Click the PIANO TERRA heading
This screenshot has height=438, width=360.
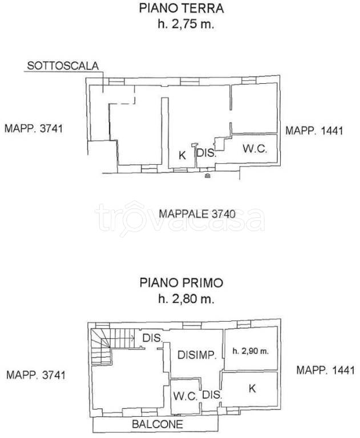click(x=181, y=8)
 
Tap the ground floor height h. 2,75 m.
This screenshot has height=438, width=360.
click(x=186, y=24)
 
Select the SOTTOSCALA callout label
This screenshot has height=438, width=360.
click(x=63, y=66)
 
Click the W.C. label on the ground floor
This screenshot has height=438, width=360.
click(x=255, y=149)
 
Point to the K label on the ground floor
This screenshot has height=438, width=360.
click(x=182, y=155)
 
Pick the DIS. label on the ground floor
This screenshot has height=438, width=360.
click(x=207, y=153)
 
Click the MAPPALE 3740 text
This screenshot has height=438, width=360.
click(x=197, y=214)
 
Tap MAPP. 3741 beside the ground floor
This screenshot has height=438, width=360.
click(x=34, y=129)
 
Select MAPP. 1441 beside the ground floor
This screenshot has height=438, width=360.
click(x=314, y=131)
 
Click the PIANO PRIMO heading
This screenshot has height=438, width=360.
click(x=181, y=283)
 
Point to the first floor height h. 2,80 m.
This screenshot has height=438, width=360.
click(x=186, y=299)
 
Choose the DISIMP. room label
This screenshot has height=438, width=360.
click(x=197, y=355)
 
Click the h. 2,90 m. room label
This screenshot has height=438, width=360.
click(x=250, y=351)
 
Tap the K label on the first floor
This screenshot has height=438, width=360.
click(x=252, y=388)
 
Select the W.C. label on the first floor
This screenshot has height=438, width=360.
click(x=185, y=396)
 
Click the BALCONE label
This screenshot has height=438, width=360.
click(x=157, y=424)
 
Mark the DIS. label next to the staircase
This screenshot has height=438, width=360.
click(x=152, y=338)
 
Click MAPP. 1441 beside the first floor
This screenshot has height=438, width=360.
click(x=325, y=370)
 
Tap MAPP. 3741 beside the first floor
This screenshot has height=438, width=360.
click(x=36, y=375)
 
